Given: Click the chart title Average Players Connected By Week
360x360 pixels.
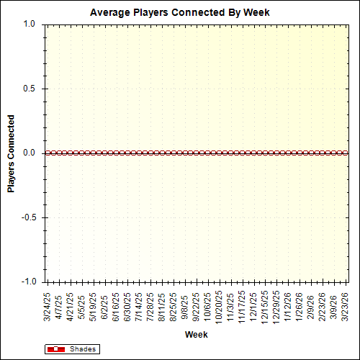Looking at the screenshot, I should click(180, 13).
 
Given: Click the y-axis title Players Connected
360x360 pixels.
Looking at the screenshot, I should click(12, 153).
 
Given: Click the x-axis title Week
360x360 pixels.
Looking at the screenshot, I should click(196, 335).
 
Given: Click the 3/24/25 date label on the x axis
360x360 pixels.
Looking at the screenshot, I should click(48, 306).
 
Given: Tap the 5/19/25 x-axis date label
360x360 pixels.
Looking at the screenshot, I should click(93, 306).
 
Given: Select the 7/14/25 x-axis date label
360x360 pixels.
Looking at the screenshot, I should click(139, 306).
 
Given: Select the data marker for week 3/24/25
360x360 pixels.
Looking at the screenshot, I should click(48, 153).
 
